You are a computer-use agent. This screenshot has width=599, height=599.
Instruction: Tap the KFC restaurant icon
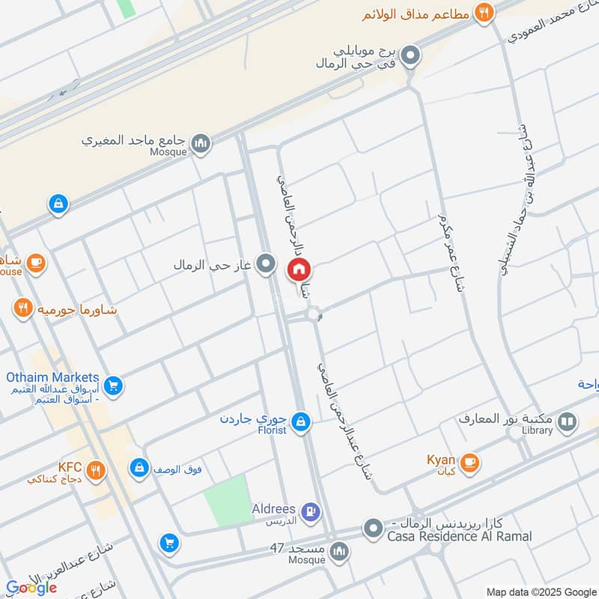click(x=95, y=470)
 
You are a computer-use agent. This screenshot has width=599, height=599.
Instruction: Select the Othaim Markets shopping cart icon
click(x=114, y=386)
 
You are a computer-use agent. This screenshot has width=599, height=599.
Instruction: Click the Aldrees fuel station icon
click(x=312, y=512)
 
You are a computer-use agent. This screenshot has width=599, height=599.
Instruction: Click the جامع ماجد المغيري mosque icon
click(x=200, y=142)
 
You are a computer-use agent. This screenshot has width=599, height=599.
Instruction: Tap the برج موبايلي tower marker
click(x=410, y=55)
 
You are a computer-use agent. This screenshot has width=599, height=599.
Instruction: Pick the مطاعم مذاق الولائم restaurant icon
click(x=484, y=13)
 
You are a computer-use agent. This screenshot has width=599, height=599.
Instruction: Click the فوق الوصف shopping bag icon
click(x=139, y=469)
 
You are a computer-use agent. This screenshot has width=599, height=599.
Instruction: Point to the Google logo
click(x=31, y=588)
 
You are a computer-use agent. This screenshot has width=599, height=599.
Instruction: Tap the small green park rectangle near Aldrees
click(x=228, y=500)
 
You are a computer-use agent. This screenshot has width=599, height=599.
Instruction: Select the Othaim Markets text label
click(x=52, y=377)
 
